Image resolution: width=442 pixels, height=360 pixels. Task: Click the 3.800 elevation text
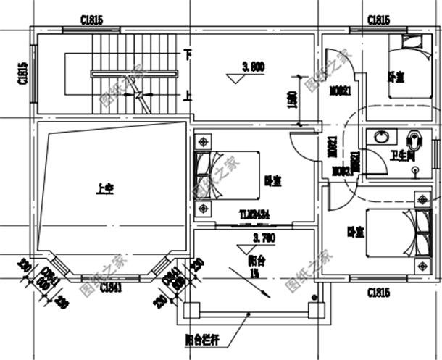pyautogui.click(x=254, y=67)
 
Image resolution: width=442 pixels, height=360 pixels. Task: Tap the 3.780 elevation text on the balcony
pyautogui.click(x=262, y=237)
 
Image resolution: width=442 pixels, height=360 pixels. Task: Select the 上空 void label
pyautogui.click(x=105, y=191)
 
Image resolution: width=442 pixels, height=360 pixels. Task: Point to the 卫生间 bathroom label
pyautogui.click(x=401, y=155)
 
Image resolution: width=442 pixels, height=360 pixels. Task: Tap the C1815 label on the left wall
pyautogui.click(x=22, y=73)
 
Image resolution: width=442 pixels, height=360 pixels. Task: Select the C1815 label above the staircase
pyautogui.click(x=91, y=20)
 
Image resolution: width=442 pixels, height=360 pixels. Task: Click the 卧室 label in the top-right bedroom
pyautogui.click(x=396, y=75)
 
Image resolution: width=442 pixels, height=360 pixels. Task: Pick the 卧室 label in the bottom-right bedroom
pyautogui.click(x=355, y=232)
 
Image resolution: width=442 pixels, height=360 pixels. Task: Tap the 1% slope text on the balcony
pyautogui.click(x=254, y=273)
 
